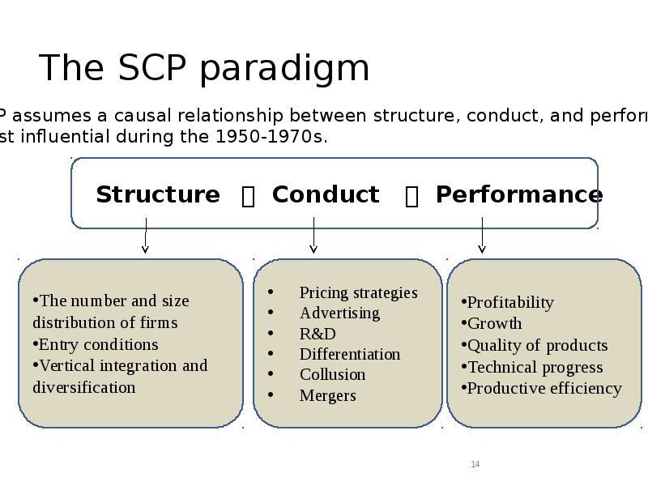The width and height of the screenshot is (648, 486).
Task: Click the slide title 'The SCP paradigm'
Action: (204, 68)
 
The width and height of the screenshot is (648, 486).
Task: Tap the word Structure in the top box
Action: (158, 195)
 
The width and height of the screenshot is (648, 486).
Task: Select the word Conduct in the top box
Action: (326, 195)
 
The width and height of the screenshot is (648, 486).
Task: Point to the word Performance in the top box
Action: (518, 195)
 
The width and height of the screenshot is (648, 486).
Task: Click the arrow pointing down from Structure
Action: (146, 235)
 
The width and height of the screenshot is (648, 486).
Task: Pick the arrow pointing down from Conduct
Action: (313, 235)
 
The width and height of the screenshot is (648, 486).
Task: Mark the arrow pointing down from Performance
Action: (482, 235)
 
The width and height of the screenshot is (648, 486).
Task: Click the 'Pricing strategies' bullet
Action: (358, 292)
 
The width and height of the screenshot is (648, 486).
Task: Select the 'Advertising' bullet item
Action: (339, 313)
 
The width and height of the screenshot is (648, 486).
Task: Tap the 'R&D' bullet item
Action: (318, 334)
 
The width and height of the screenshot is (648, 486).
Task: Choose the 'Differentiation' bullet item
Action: (350, 354)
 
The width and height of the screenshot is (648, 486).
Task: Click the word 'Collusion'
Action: (332, 374)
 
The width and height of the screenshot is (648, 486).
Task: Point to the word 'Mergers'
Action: (327, 395)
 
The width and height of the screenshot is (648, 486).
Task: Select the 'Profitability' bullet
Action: (510, 302)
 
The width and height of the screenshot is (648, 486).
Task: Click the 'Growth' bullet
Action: (494, 324)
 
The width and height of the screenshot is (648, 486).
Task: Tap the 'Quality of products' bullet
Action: (537, 345)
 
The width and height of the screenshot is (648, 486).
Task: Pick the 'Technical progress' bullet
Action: (535, 367)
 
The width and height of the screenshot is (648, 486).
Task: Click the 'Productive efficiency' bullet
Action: (544, 388)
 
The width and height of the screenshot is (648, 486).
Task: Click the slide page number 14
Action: (475, 464)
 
